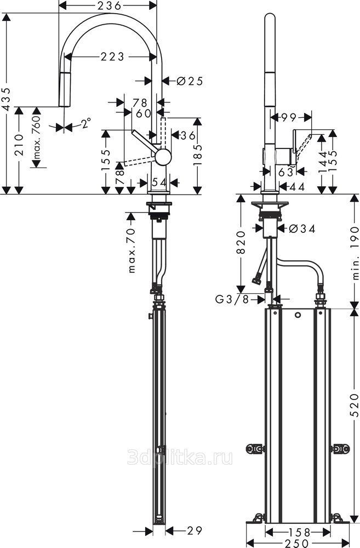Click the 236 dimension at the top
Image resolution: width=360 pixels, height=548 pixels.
pyautogui.click(x=107, y=5)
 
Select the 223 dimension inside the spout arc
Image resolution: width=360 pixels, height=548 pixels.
pyautogui.click(x=112, y=56)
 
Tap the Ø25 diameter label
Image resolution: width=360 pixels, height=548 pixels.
pyautogui.click(x=190, y=81)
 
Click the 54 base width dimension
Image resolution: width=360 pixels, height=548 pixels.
pyautogui.click(x=159, y=181)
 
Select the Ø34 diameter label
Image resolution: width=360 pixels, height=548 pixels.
pyautogui.click(x=301, y=229)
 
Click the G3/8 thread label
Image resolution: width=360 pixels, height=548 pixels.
pyautogui.click(x=231, y=299)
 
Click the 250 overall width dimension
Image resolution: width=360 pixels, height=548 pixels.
pyautogui.click(x=299, y=543)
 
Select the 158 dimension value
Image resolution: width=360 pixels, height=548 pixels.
pyautogui.click(x=299, y=532)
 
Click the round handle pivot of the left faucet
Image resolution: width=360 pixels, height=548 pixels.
pyautogui.click(x=163, y=157)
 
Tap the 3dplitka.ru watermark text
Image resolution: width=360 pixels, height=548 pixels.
pyautogui.click(x=179, y=457)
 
